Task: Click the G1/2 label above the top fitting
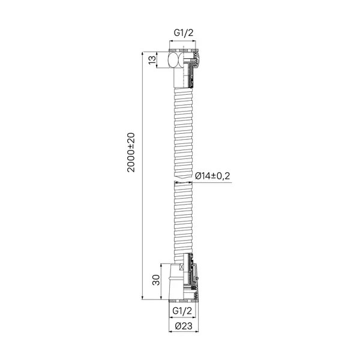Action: point(184,33)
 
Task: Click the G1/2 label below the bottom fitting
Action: point(182,311)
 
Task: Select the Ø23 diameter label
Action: point(184,326)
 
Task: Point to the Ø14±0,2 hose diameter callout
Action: point(212,176)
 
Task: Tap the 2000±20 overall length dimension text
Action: point(131,152)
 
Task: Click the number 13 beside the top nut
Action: point(152,60)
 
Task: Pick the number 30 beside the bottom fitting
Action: point(156,280)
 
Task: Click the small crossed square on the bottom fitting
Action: point(182,266)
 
